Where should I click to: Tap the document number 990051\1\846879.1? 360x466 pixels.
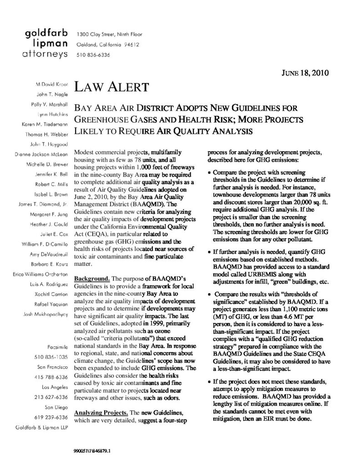click(x=92, y=453)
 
